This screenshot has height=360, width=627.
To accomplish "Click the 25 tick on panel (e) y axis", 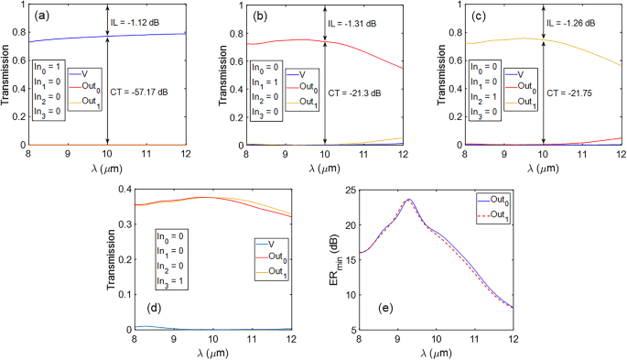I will pos(351,190).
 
